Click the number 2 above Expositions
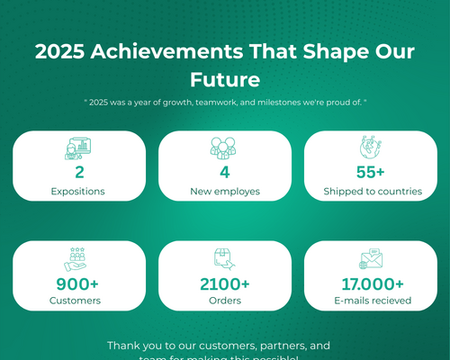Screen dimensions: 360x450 coord(79,172)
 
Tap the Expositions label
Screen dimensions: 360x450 coord(78,191)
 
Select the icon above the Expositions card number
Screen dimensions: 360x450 coord(78,148)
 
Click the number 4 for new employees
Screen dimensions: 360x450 coord(225,172)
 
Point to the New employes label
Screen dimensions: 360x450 coord(224,191)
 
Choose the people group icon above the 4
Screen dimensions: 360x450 coord(224,148)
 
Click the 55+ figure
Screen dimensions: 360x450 coord(371,172)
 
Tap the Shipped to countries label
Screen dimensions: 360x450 coord(371,191)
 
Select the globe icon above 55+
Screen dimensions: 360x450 coord(371,148)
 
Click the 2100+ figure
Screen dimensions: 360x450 coord(225,283)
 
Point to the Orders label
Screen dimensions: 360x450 coord(224,301)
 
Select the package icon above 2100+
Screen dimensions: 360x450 coord(224,259)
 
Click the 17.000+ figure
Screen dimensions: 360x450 coord(371,283)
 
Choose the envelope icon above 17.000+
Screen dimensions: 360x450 coord(371,259)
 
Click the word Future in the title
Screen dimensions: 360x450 coord(224,79)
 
